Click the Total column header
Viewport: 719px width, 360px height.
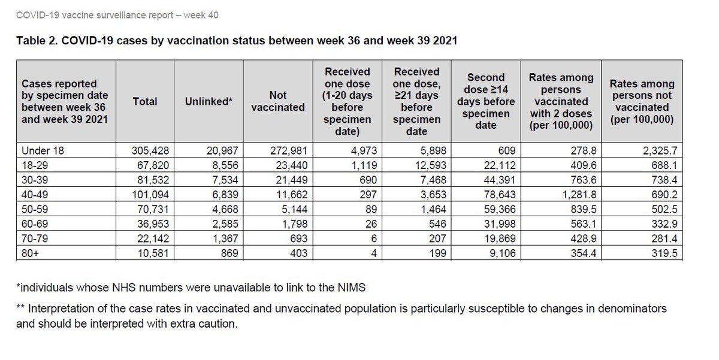(144, 102)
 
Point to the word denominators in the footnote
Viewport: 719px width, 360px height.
(632, 308)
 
